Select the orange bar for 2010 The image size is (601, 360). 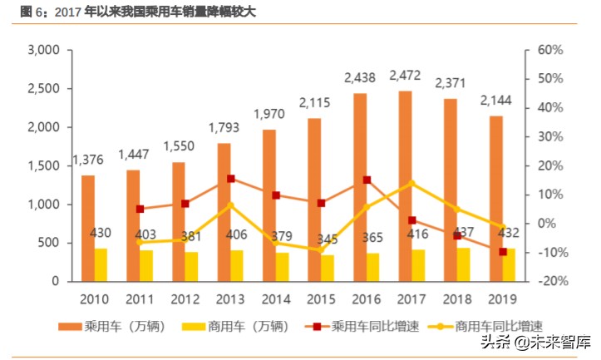[x=87, y=228]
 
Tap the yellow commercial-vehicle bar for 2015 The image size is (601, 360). [x=328, y=268]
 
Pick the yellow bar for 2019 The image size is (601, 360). [x=509, y=264]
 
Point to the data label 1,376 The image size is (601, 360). [x=89, y=160]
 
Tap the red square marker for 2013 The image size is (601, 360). [x=230, y=179]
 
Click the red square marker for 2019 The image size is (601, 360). [x=502, y=252]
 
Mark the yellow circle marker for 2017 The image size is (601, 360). [x=411, y=183]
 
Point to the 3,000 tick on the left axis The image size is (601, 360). [x=42, y=50]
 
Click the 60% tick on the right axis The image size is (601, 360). [x=549, y=50]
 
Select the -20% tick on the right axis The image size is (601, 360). [x=549, y=281]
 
